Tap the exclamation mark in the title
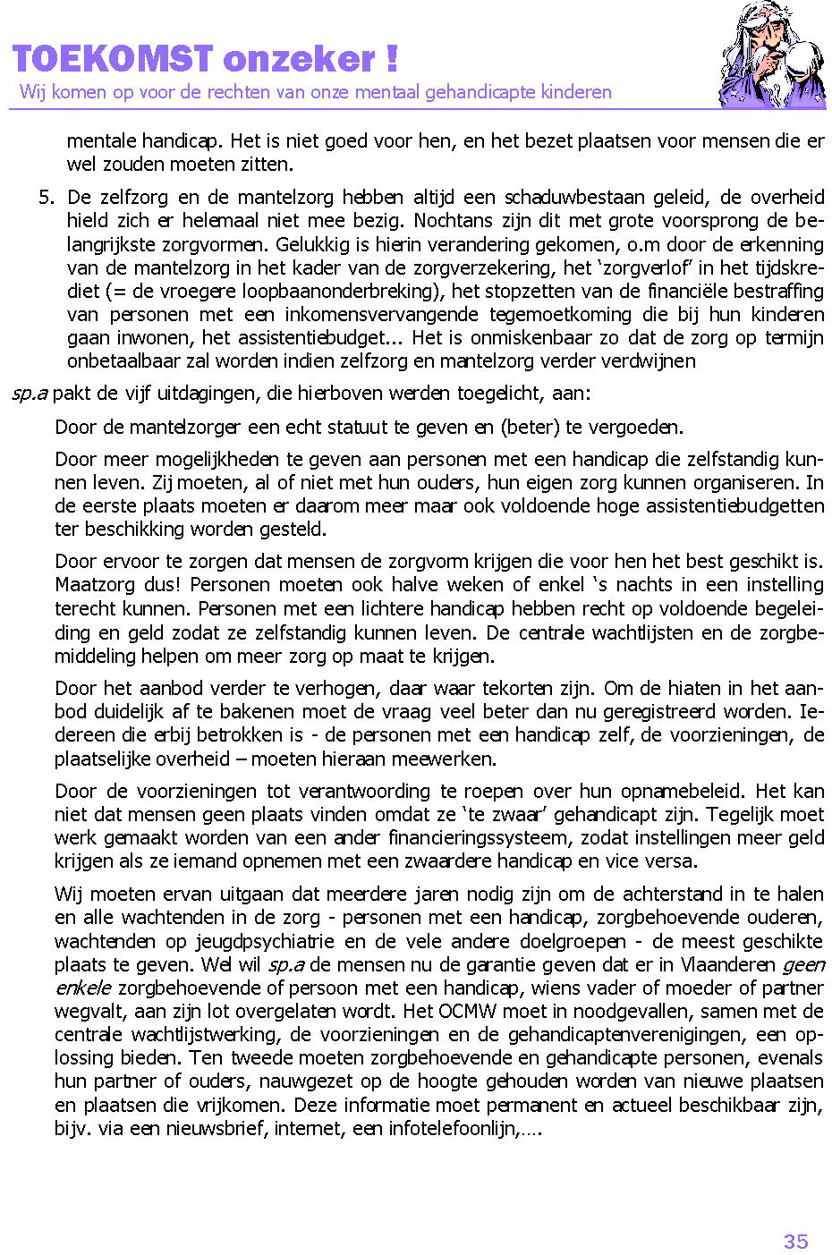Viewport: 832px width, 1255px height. tap(392, 59)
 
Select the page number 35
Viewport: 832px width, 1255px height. tap(795, 1241)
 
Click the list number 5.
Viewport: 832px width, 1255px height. tap(47, 198)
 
